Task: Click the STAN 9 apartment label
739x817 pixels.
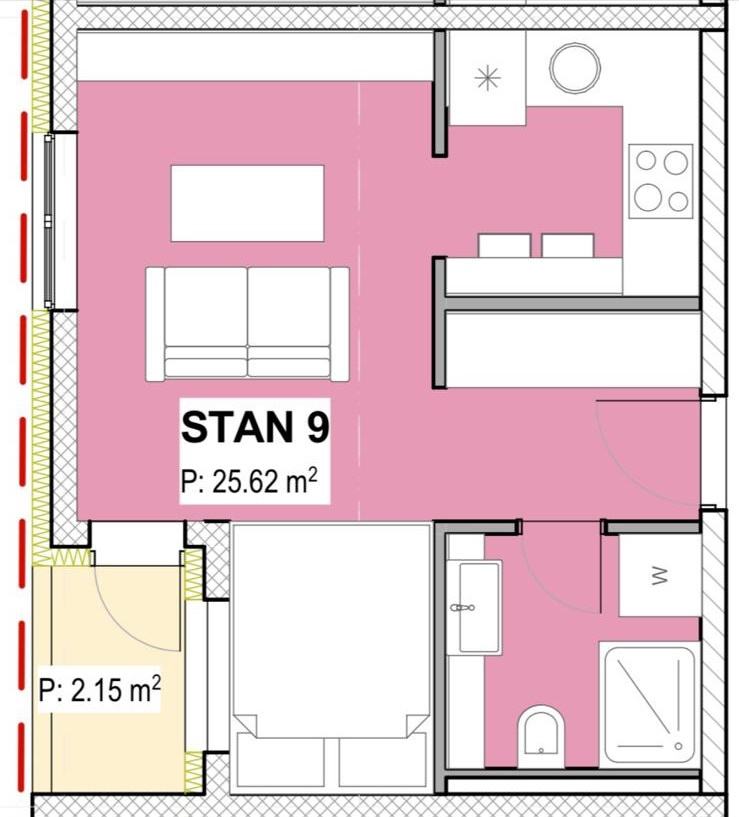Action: pyautogui.click(x=255, y=427)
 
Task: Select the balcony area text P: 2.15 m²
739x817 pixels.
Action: pyautogui.click(x=100, y=689)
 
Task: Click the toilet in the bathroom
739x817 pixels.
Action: pyautogui.click(x=541, y=736)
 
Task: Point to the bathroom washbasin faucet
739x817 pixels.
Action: pyautogui.click(x=462, y=608)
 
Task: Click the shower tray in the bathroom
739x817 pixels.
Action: pyautogui.click(x=649, y=704)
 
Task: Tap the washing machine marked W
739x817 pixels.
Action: pyautogui.click(x=659, y=575)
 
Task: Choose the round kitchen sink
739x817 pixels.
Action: pyautogui.click(x=575, y=69)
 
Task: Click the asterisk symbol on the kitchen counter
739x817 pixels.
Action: pyautogui.click(x=487, y=79)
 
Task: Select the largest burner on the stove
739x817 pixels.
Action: pyautogui.click(x=648, y=197)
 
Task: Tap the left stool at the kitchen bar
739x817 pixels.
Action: pyautogui.click(x=504, y=245)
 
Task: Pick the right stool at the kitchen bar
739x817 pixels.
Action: pyautogui.click(x=568, y=245)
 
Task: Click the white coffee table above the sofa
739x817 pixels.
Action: pyautogui.click(x=248, y=203)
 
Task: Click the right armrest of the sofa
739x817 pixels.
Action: pyautogui.click(x=340, y=324)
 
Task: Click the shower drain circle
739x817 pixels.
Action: pyautogui.click(x=678, y=746)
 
